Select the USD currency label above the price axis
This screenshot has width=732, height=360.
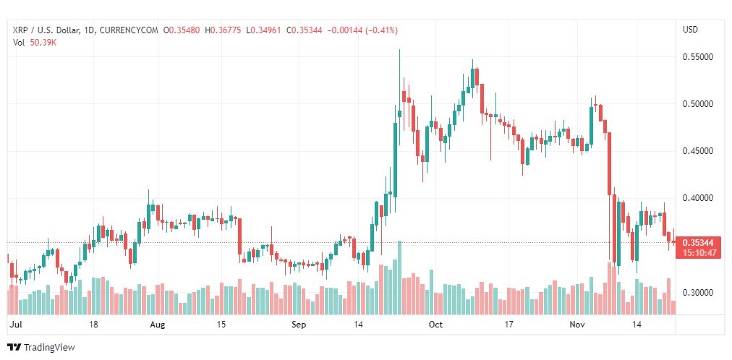point(690,30)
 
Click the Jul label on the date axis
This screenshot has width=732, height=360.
point(15,325)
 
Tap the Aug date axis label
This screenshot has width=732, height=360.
point(157,325)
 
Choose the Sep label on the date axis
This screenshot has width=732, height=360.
point(299,325)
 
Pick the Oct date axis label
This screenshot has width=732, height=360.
point(435,325)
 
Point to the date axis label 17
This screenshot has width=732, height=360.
point(508,325)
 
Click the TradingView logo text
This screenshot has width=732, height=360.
point(49,348)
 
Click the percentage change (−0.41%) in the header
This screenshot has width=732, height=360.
point(374,30)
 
